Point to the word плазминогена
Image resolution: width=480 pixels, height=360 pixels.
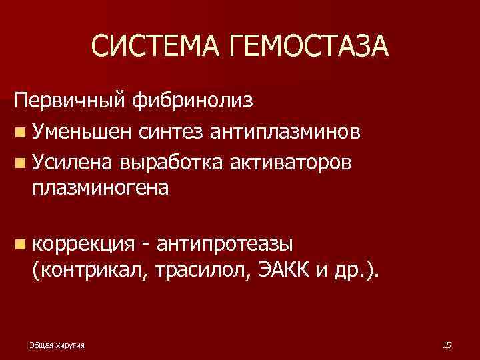[100, 189]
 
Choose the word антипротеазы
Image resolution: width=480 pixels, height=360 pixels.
[230, 246]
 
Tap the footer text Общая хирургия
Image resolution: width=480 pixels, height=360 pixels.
[61, 345]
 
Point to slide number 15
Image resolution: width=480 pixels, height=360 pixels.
[447, 345]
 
